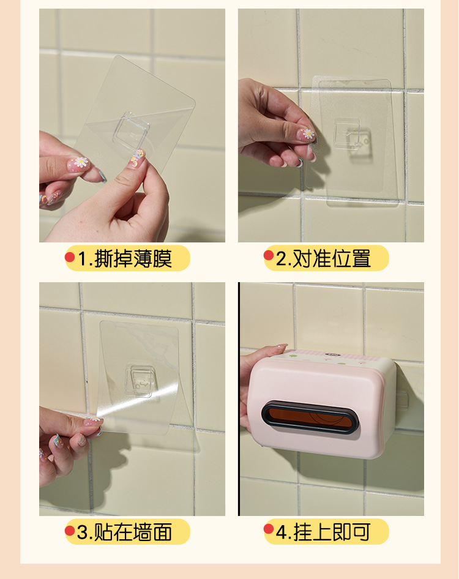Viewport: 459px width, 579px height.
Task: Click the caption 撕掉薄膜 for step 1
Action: pos(133,259)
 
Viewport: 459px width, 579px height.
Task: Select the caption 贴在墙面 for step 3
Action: pos(133,532)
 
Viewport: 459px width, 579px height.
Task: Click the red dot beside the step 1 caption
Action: pos(70,257)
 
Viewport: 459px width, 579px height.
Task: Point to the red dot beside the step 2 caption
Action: pos(269,255)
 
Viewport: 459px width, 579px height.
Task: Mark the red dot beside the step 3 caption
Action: pos(70,530)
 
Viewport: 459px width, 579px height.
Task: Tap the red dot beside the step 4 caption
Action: pos(269,528)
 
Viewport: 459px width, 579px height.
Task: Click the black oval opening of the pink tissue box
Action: pos(310,417)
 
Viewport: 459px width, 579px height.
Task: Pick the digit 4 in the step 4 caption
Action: pos(282,532)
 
